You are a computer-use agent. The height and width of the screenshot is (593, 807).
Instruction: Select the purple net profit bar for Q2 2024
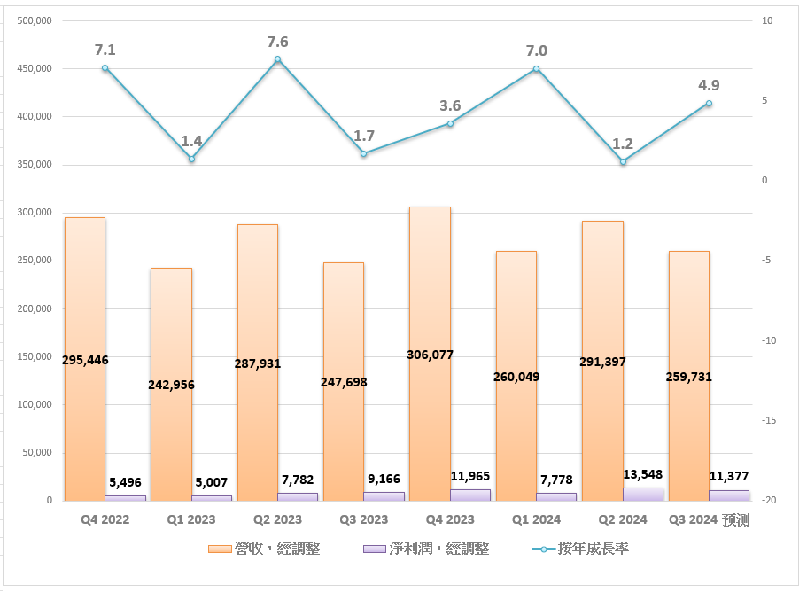(x=643, y=494)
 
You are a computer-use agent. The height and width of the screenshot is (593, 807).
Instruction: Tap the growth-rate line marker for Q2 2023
(x=277, y=59)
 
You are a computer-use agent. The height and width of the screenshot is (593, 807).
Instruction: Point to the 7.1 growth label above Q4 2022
(x=105, y=49)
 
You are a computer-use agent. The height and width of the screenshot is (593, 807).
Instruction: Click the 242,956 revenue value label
(x=171, y=385)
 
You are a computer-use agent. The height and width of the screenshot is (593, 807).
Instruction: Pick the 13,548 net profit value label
(x=642, y=474)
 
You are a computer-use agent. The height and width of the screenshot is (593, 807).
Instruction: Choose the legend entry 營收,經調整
(x=265, y=549)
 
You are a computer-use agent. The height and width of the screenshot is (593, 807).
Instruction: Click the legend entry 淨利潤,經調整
(x=426, y=549)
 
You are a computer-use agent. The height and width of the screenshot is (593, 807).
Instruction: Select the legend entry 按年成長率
(x=581, y=549)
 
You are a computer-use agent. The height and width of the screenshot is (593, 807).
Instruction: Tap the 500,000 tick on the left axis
(x=34, y=20)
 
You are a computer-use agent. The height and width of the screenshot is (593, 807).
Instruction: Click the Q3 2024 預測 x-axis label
(x=708, y=520)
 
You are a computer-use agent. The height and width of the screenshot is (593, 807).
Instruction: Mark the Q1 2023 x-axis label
(x=191, y=520)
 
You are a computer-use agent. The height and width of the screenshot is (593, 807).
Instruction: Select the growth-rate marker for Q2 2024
(x=623, y=161)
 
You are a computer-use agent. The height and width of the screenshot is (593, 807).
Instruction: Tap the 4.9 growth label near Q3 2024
(x=709, y=85)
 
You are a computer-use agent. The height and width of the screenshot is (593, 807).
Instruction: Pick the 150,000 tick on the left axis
(x=34, y=357)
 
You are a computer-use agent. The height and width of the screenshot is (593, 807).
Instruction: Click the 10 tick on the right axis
(x=767, y=20)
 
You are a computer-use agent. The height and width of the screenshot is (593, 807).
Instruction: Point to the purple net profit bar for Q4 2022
(x=126, y=497)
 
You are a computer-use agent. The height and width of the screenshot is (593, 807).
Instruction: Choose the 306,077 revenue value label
(x=430, y=355)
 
